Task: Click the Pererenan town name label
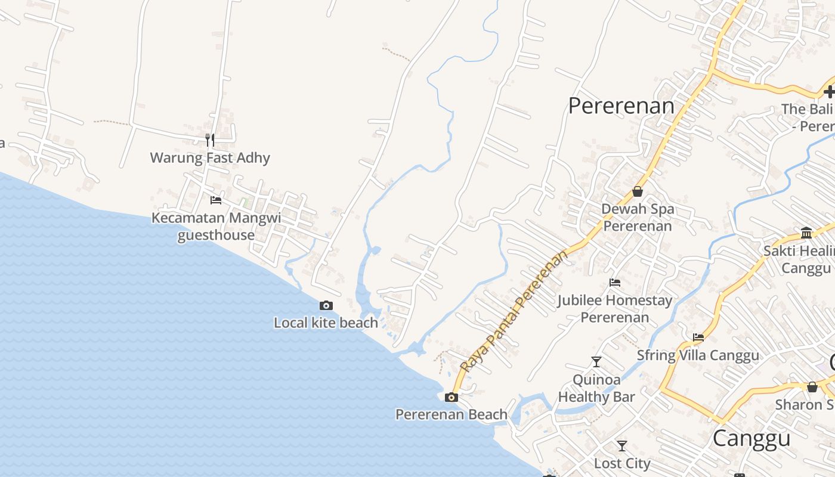coord(621,106)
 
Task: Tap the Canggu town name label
coord(751,438)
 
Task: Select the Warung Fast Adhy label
coord(210,158)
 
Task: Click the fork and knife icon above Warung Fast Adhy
coord(210,140)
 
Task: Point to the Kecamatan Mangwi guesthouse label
coord(216,227)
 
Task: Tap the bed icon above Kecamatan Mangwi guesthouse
coord(216,200)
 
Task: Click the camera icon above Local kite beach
coord(326,306)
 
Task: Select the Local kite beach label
coord(326,323)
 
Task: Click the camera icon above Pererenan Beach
coord(451,397)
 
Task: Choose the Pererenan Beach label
coord(451,414)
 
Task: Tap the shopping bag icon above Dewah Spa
coord(638,191)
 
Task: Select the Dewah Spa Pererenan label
coord(638,218)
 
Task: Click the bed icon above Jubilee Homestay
coord(615,282)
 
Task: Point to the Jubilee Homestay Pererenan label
coord(615,309)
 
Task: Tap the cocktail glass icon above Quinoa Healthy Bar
coord(596,361)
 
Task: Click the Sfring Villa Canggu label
coord(698,355)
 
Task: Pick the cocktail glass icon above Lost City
coord(622,445)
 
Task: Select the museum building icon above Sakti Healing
coord(806,233)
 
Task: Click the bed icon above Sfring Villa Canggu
coord(698,337)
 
